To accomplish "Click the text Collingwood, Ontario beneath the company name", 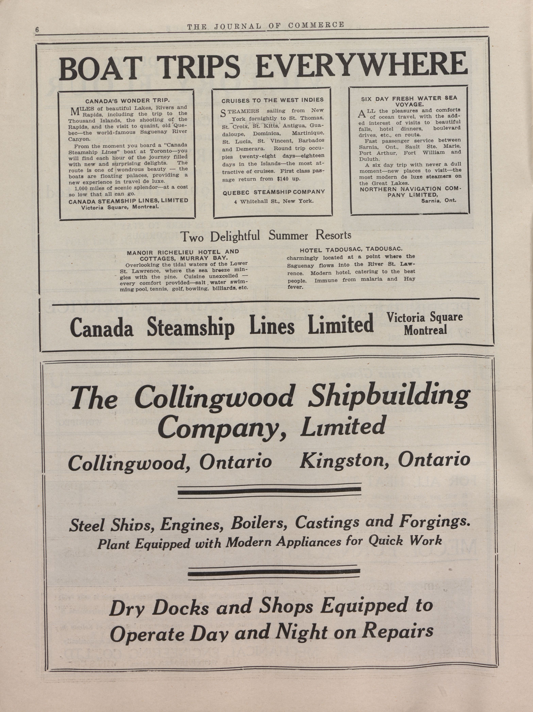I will pos(170,462).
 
